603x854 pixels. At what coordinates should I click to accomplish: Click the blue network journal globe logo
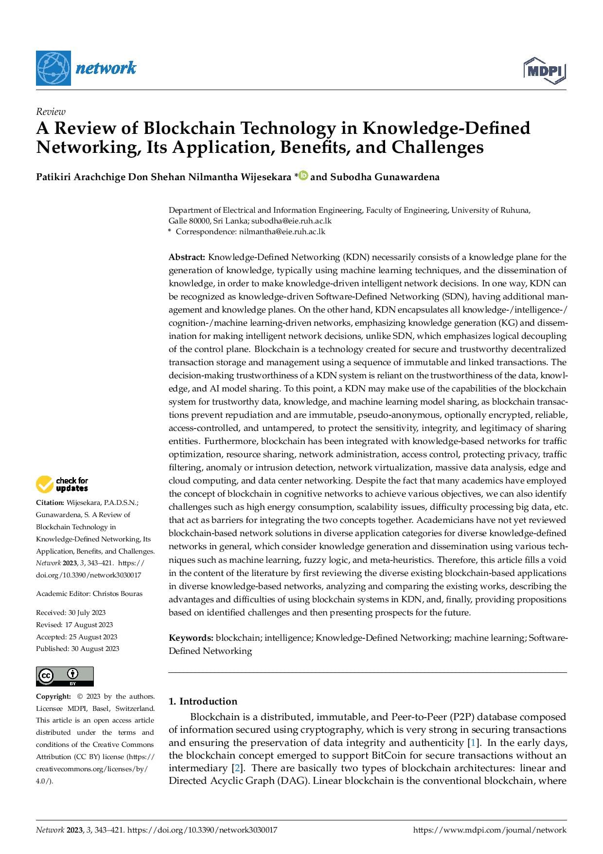53,68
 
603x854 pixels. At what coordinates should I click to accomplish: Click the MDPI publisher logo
545,71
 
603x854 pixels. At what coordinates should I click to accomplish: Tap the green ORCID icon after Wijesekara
303,176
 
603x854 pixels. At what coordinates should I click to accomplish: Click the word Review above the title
51,111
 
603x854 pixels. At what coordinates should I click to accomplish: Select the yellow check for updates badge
62,484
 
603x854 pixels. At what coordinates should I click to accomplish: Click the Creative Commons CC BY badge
65,676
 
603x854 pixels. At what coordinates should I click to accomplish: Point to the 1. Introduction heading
203,701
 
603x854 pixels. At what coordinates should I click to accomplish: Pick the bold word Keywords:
191,638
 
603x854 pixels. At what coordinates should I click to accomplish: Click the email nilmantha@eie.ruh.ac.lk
282,232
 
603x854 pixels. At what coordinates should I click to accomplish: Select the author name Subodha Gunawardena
385,177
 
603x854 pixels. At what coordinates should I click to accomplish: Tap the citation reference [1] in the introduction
472,743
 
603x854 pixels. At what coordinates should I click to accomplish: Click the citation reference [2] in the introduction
236,768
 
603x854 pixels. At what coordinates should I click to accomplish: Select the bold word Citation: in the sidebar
50,502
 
